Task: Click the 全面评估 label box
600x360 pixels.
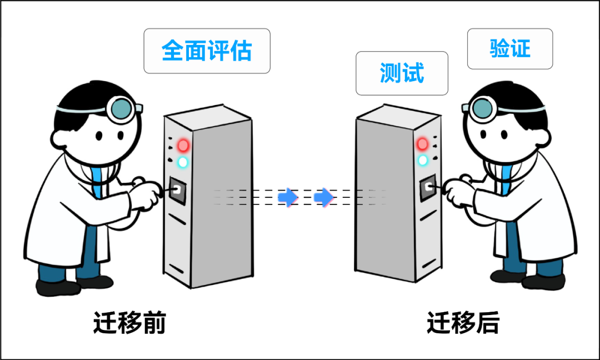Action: pyautogui.click(x=207, y=51)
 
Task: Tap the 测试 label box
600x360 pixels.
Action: pyautogui.click(x=402, y=73)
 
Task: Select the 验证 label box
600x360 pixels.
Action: pyautogui.click(x=509, y=49)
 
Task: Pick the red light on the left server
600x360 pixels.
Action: pyautogui.click(x=183, y=146)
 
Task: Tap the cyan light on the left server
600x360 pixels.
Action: pyautogui.click(x=182, y=163)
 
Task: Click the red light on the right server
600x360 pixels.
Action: pyautogui.click(x=423, y=144)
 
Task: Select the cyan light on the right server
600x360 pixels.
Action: pyautogui.click(x=423, y=161)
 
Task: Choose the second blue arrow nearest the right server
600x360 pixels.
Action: pyautogui.click(x=323, y=197)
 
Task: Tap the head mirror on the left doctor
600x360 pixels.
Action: pyautogui.click(x=121, y=109)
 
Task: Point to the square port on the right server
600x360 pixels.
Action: pyautogui.click(x=428, y=188)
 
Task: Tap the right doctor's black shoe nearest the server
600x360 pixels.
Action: pyautogui.click(x=507, y=276)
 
